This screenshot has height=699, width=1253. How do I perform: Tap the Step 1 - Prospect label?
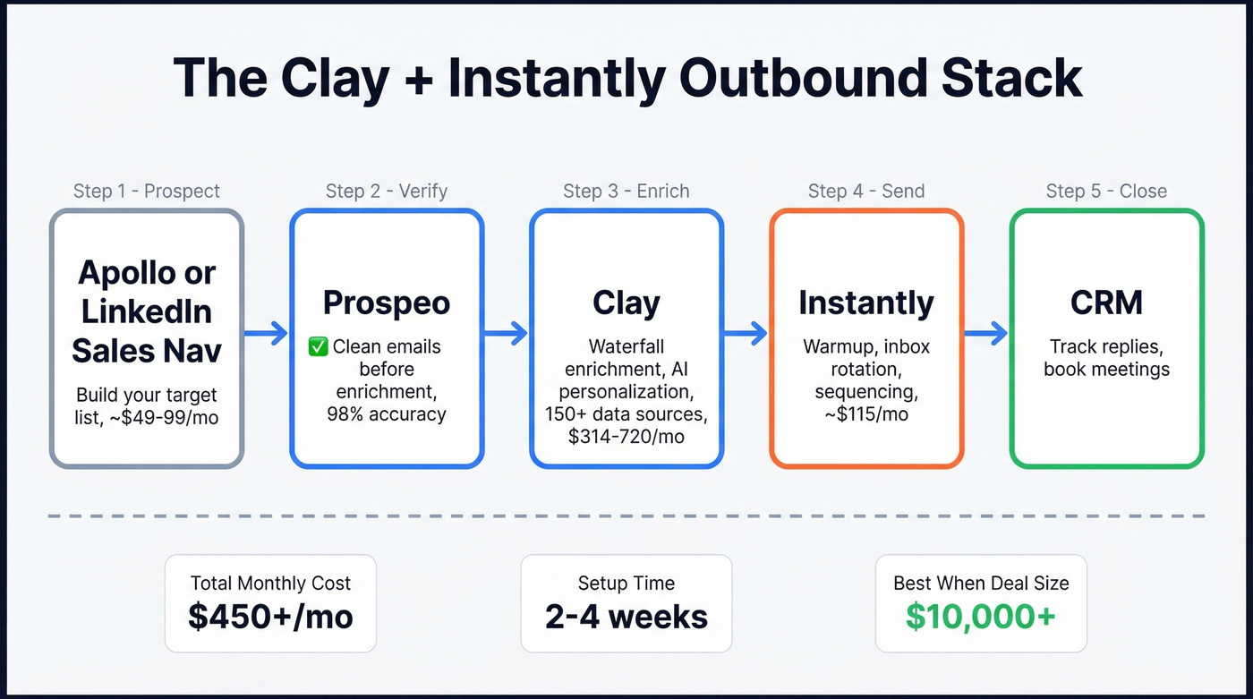coord(147,191)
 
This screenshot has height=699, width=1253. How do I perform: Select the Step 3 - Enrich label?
coord(626,191)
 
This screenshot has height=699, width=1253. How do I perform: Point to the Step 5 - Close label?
coord(1106,191)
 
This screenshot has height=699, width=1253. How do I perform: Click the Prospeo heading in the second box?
coord(387,303)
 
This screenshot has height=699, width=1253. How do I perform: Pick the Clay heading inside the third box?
coord(626,303)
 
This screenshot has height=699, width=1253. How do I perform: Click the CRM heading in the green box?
coord(1106,303)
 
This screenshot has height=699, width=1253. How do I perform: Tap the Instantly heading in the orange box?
coord(866,303)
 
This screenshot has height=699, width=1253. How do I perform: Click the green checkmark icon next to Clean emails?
coord(318,346)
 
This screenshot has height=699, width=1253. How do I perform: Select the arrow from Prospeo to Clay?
coord(507,334)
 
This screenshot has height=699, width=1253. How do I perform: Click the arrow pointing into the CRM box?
coord(986,334)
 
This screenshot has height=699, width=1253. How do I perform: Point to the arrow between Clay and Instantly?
coord(746,334)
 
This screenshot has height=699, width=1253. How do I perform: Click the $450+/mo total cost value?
coord(270,617)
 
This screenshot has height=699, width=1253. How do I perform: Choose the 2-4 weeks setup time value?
coord(626,617)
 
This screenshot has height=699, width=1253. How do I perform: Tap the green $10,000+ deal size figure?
coord(981,617)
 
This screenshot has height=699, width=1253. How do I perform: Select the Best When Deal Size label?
coord(981,584)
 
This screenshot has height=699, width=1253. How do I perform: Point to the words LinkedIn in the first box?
coord(147,311)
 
